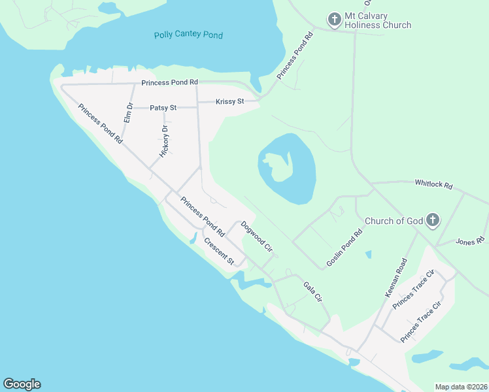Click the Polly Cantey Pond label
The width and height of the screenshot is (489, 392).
tap(188, 35)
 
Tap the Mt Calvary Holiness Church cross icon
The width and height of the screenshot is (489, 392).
tap(334, 19)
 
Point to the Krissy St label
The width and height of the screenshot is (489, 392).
tap(230, 101)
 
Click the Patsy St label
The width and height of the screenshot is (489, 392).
tap(163, 107)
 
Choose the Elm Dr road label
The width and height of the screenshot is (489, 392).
tap(128, 112)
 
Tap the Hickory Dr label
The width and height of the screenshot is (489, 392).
tap(165, 141)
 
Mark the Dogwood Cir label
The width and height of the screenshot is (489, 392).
tap(256, 237)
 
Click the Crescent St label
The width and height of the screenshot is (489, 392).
tap(219, 250)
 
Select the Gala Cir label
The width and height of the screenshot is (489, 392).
tap(313, 291)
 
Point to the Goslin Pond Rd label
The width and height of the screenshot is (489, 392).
tap(344, 248)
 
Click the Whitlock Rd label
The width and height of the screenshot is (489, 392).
tap(433, 185)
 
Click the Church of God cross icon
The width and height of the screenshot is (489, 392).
tap(433, 221)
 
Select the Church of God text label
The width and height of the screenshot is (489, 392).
tap(394, 221)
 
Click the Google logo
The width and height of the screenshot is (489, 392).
tap(22, 384)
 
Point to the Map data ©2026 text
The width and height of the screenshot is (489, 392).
tap(461, 387)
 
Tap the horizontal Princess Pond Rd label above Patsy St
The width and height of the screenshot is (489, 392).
tap(170, 83)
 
